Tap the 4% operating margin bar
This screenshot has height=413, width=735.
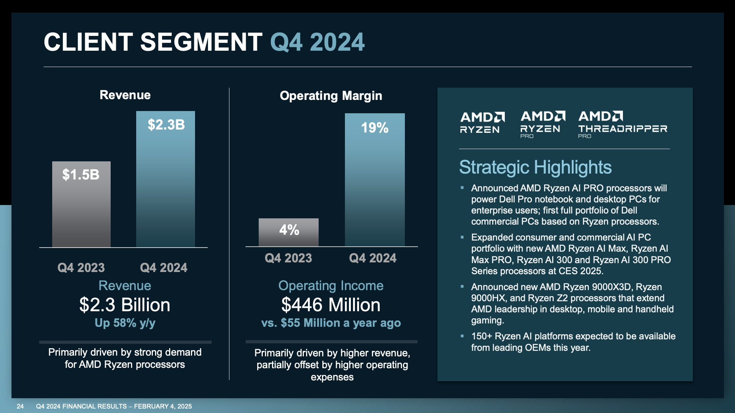point(289,232)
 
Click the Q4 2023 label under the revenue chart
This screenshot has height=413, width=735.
point(81,268)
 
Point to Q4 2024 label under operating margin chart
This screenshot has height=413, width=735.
point(373,258)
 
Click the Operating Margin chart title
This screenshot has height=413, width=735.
point(331,96)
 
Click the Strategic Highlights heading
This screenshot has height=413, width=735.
point(535,167)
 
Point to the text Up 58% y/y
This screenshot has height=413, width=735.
point(125,323)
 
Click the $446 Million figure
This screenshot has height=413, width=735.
point(331,305)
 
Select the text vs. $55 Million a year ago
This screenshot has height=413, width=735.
point(331,323)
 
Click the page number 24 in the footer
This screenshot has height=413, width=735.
point(20,406)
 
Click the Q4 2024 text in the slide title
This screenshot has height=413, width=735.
point(317,42)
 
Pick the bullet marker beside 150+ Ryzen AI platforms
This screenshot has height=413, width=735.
point(462,336)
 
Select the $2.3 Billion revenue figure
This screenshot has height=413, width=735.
point(125,305)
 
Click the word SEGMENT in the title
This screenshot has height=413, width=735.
point(201,42)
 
